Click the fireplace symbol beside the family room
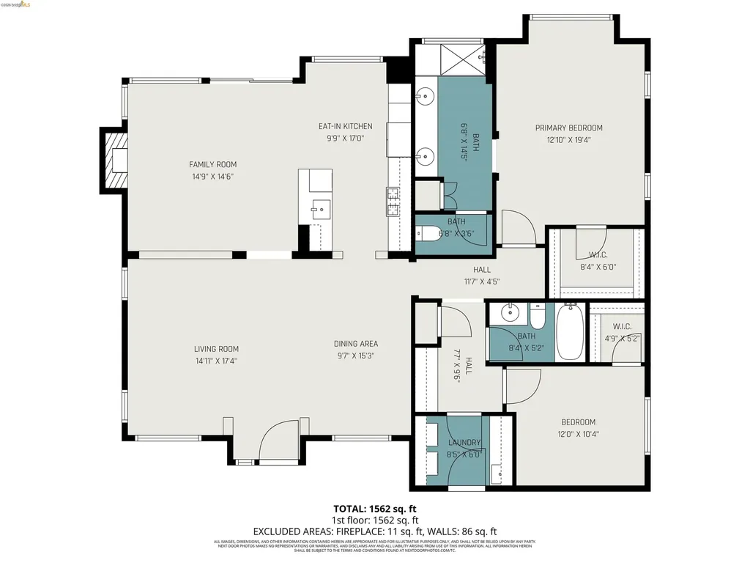coord(114,159)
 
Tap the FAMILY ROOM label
coord(212,165)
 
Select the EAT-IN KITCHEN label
coord(345,127)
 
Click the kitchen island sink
coord(319,209)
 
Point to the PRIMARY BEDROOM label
coord(568,128)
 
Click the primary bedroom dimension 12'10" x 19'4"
coord(568,140)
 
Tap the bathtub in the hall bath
coord(568,332)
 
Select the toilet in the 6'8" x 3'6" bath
coord(426,235)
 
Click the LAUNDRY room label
coord(464,443)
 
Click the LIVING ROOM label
coord(216,349)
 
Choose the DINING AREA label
coord(356,344)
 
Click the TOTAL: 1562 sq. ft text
coord(375,509)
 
